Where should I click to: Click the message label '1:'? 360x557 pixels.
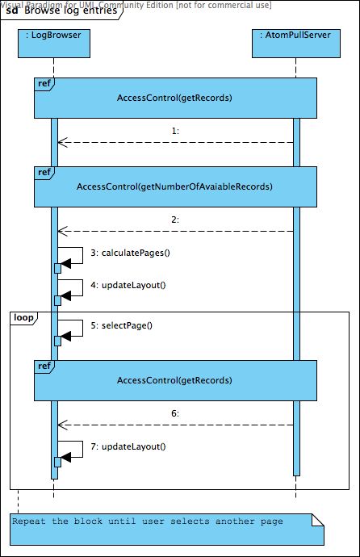pyautogui.click(x=175, y=130)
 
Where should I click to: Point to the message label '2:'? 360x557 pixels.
pyautogui.click(x=175, y=219)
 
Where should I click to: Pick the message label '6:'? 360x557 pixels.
pyautogui.click(x=175, y=413)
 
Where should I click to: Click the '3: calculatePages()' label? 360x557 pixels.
pyautogui.click(x=136, y=253)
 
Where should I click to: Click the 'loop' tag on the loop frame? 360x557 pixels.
pyautogui.click(x=23, y=317)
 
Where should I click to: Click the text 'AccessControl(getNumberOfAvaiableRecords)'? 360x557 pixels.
pyautogui.click(x=174, y=186)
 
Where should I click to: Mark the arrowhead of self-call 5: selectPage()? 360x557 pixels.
pyautogui.click(x=66, y=335)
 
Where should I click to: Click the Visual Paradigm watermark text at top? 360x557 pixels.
pyautogui.click(x=136, y=4)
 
